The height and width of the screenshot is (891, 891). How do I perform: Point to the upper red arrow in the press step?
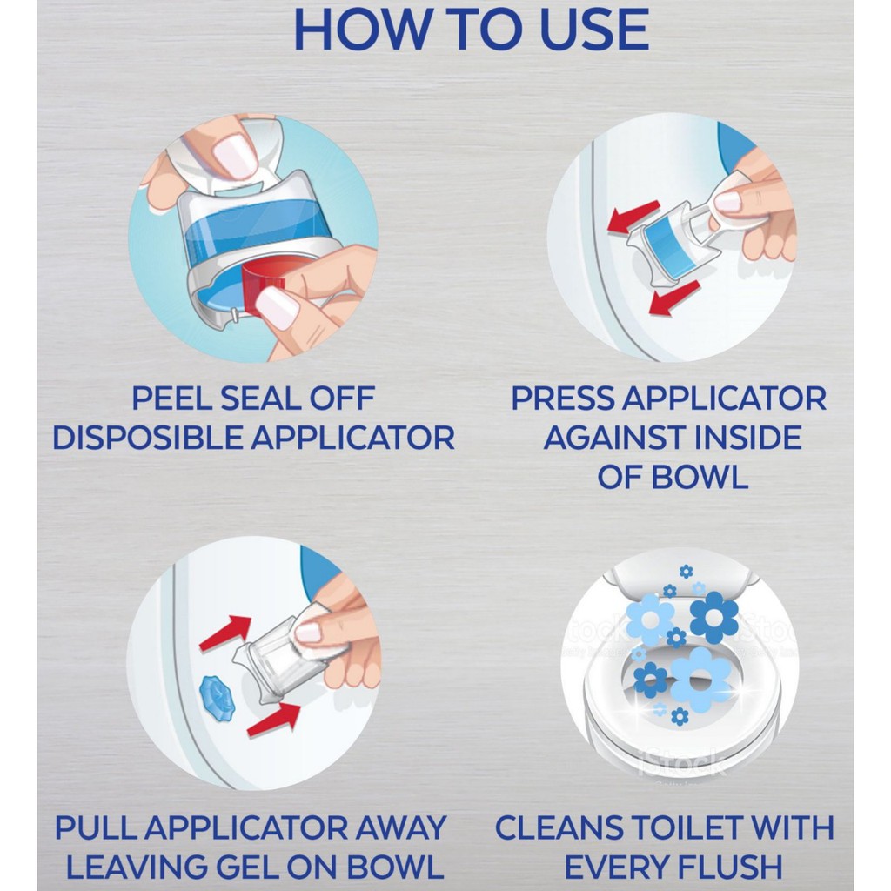pos(633,217)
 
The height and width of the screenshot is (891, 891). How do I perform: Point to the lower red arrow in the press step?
pos(674,298)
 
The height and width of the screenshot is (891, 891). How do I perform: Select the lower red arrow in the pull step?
pos(274,719)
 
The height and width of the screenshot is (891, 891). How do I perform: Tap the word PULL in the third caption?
pos(95,827)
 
